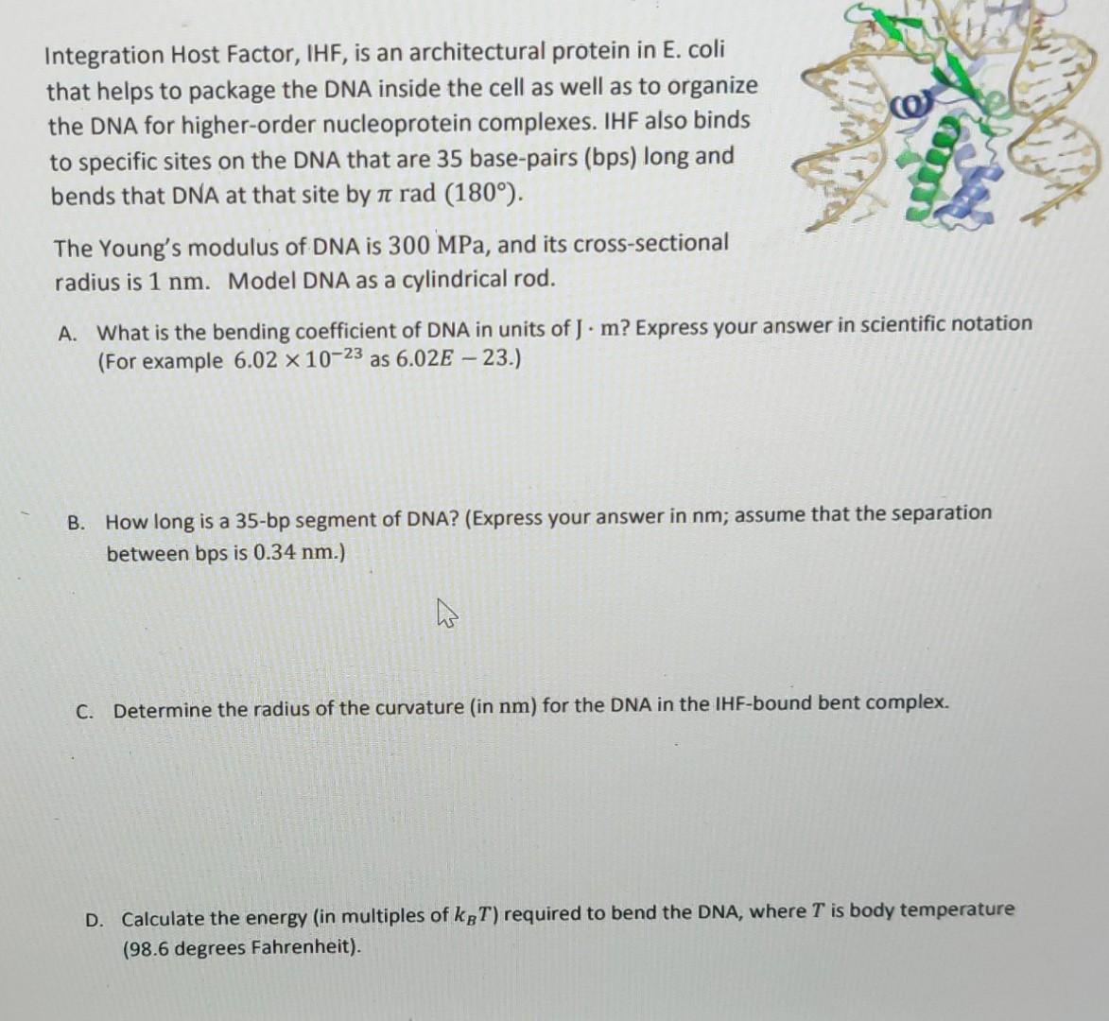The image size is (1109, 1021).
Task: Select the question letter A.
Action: pyautogui.click(x=67, y=333)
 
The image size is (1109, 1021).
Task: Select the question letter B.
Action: pyautogui.click(x=78, y=523)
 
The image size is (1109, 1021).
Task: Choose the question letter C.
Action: pyautogui.click(x=85, y=711)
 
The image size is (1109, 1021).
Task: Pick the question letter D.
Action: pyautogui.click(x=95, y=919)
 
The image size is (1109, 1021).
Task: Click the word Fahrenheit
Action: pyautogui.click(x=303, y=947)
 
